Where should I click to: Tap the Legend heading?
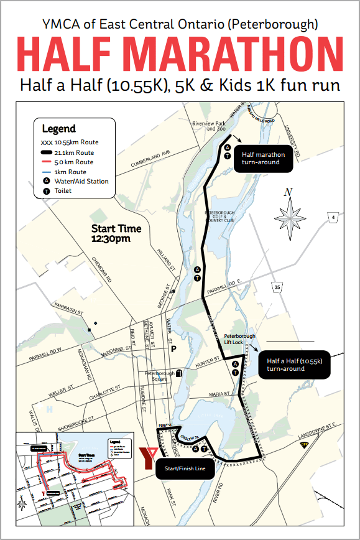(58, 129)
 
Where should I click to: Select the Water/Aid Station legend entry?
(81, 181)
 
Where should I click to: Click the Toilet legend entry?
(63, 190)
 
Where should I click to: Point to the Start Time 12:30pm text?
(116, 233)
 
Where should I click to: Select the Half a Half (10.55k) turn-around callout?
(294, 365)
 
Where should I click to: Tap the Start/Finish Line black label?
(185, 468)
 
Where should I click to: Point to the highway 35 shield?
(277, 287)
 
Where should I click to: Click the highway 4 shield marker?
(333, 216)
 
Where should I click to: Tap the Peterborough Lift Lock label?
(239, 340)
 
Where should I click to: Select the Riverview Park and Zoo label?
(208, 126)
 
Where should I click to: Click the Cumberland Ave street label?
(150, 158)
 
